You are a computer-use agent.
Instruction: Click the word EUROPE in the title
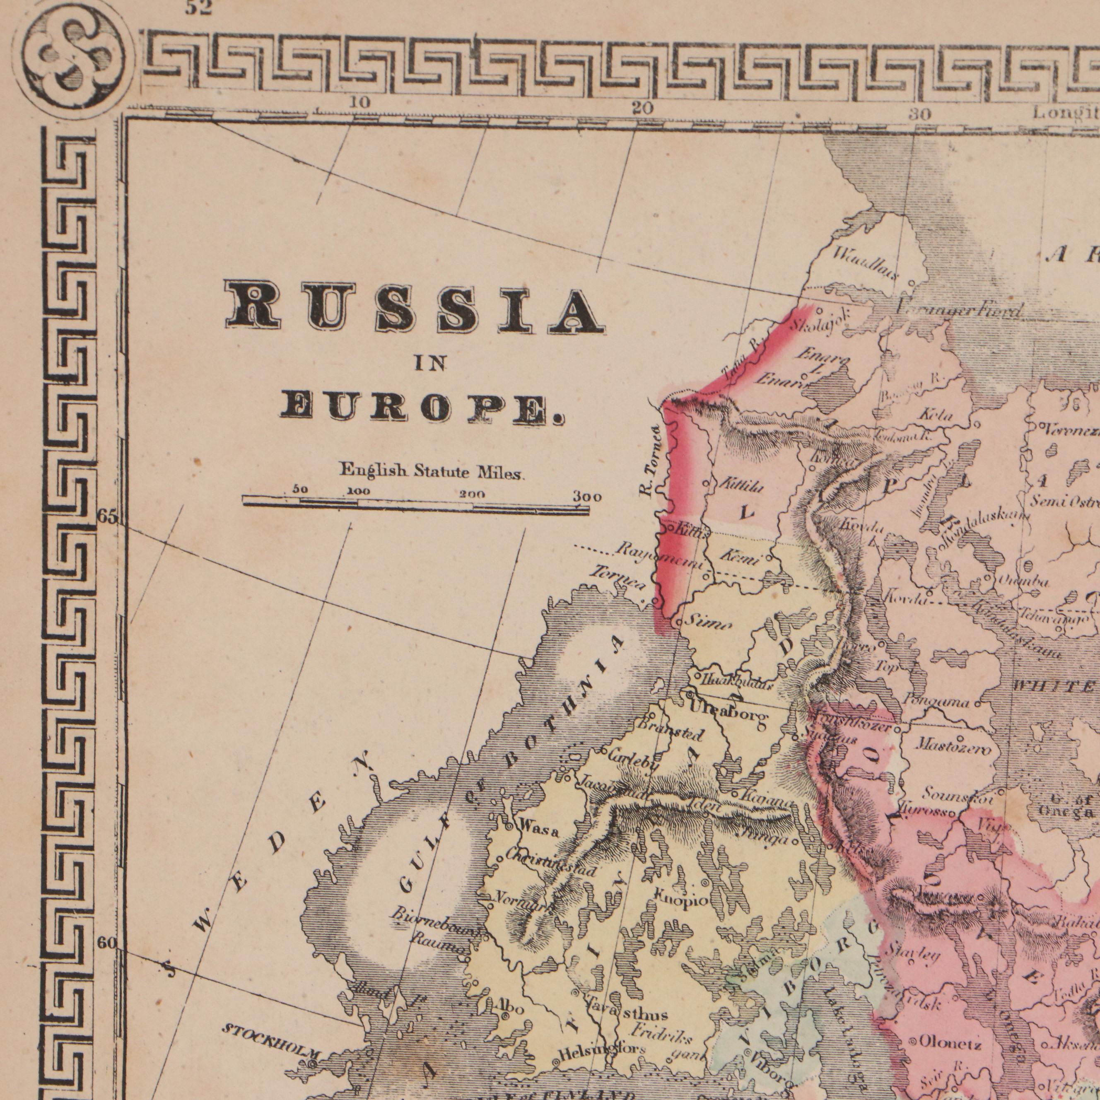pos(421,408)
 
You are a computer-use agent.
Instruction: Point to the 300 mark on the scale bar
pos(586,497)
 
